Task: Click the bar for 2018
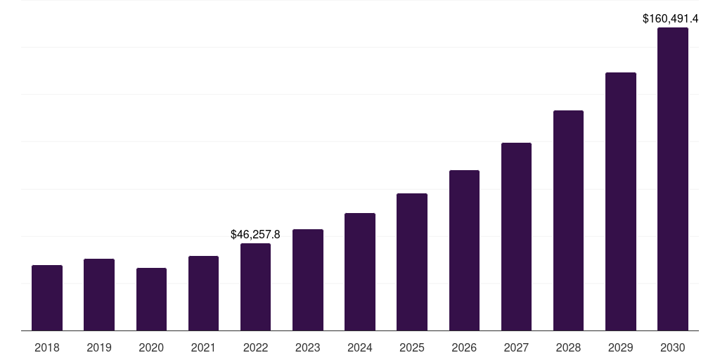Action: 47,298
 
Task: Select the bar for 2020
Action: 151,300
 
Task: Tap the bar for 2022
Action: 255,287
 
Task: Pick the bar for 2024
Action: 360,272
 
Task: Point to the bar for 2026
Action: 464,250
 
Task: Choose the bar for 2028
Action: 568,221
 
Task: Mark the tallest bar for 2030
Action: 673,179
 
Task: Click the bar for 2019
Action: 99,295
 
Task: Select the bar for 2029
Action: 620,202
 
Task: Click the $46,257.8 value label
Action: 255,235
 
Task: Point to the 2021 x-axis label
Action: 203,347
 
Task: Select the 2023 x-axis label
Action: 307,347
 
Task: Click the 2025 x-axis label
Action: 412,347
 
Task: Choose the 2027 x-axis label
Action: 516,347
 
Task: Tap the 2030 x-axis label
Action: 673,347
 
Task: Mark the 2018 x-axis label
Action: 47,347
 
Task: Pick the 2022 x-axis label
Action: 255,347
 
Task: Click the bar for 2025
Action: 412,262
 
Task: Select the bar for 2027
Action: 516,237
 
